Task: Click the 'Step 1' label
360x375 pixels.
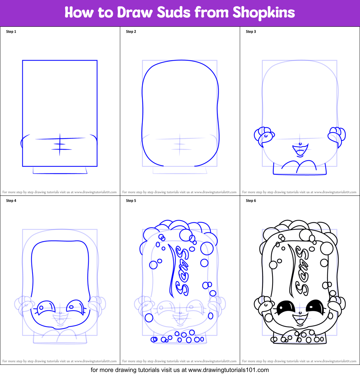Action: pyautogui.click(x=11, y=32)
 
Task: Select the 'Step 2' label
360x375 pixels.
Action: pyautogui.click(x=131, y=32)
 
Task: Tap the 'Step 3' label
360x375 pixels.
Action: pyautogui.click(x=251, y=32)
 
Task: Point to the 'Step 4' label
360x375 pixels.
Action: pyautogui.click(x=11, y=201)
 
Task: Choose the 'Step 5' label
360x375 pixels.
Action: pyautogui.click(x=131, y=201)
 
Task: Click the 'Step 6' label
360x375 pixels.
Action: pyautogui.click(x=251, y=201)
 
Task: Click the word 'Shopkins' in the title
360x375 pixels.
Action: pyautogui.click(x=263, y=13)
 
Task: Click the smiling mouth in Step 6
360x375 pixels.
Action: pyautogui.click(x=299, y=320)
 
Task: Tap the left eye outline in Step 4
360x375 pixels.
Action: pyautogui.click(x=45, y=307)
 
